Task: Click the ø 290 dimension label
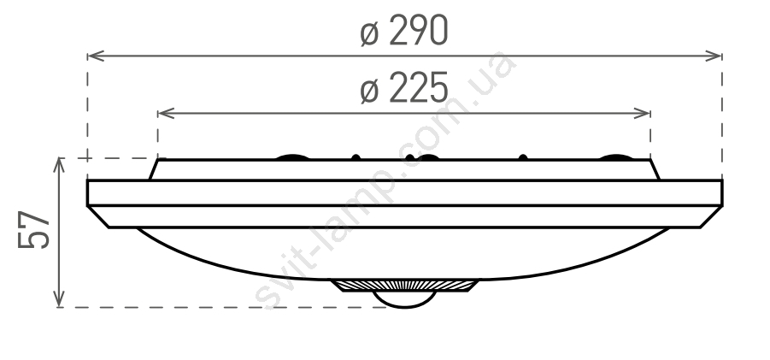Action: (403, 31)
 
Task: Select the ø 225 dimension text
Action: (403, 88)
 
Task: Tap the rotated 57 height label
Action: (34, 230)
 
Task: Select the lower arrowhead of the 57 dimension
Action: (59, 298)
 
